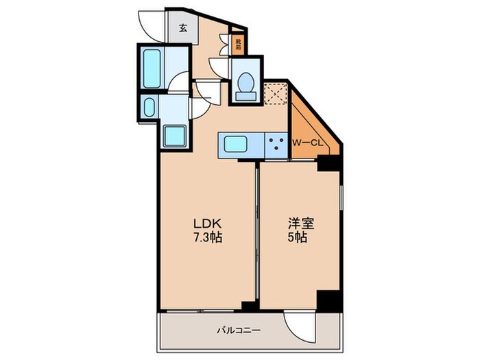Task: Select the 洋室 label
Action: pos(299,224)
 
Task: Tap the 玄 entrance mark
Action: pos(184,28)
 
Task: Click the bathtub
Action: pos(152,67)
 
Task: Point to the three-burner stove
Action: pos(276,144)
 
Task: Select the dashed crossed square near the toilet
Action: pos(274,93)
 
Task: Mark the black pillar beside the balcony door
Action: pos(328,300)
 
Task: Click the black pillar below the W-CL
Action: pos(328,163)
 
